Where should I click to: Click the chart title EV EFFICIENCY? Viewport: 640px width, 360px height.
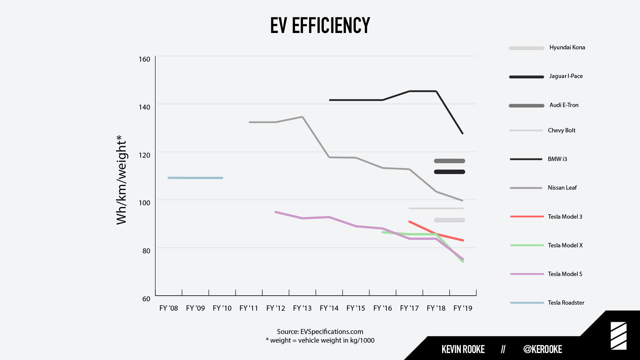(320, 25)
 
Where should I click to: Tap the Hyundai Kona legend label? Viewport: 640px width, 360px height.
(567, 47)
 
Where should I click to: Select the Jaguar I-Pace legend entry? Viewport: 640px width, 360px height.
(566, 76)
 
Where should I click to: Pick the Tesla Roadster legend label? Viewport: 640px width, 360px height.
(566, 303)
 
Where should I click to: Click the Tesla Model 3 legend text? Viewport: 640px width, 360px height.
(565, 217)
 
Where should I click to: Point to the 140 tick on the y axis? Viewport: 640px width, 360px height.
(144, 107)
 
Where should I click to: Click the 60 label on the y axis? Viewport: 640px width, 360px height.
(146, 299)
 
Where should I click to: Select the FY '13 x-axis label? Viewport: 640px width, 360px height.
(302, 308)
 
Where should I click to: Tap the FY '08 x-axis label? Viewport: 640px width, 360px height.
(168, 308)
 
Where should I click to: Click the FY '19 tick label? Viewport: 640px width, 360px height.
(463, 308)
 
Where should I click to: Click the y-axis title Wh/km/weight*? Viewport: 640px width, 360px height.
(121, 180)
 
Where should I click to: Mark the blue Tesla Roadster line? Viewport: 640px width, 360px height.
(195, 178)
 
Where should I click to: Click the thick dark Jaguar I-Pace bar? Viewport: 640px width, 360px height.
(449, 172)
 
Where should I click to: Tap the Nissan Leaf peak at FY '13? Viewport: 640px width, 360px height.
(302, 117)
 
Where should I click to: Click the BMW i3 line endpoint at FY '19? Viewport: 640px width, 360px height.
(462, 133)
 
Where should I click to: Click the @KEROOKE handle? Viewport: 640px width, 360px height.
(542, 349)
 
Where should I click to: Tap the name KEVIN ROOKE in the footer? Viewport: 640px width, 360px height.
(463, 349)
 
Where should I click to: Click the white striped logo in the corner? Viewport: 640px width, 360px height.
(618, 336)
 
